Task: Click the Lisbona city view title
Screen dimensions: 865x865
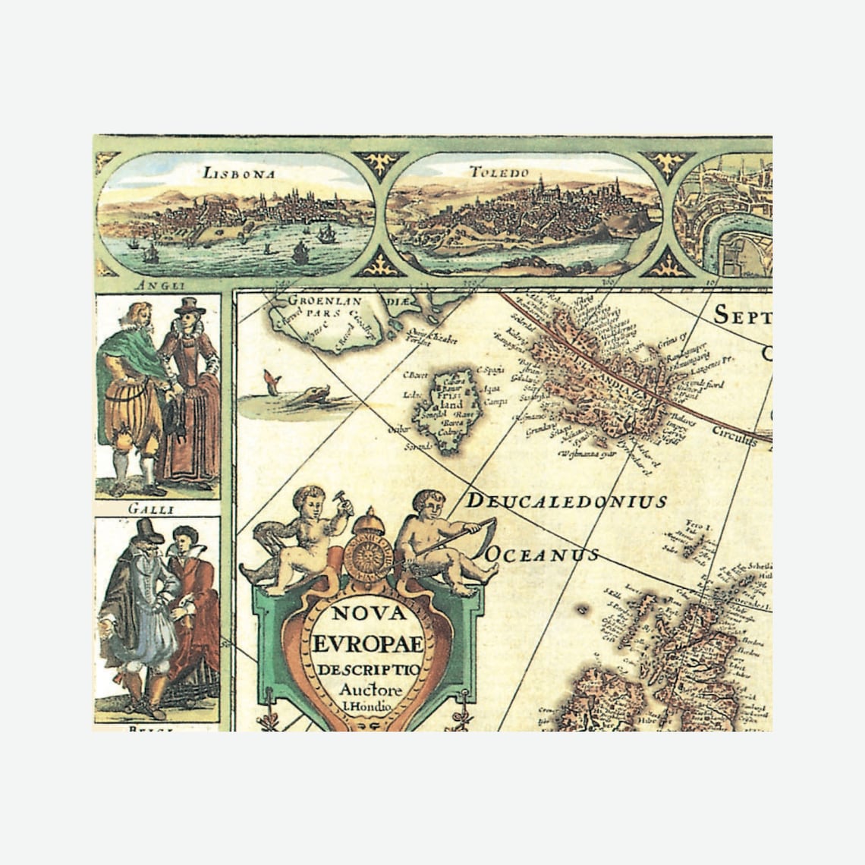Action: [x=238, y=173]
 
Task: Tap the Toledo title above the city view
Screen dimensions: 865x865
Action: [x=498, y=172]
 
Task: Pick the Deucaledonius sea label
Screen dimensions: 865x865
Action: [x=565, y=501]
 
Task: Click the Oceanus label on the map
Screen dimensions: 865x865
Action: [x=541, y=555]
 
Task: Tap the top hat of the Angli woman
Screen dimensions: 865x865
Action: [x=189, y=306]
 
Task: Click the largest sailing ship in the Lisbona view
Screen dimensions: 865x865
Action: [x=300, y=253]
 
